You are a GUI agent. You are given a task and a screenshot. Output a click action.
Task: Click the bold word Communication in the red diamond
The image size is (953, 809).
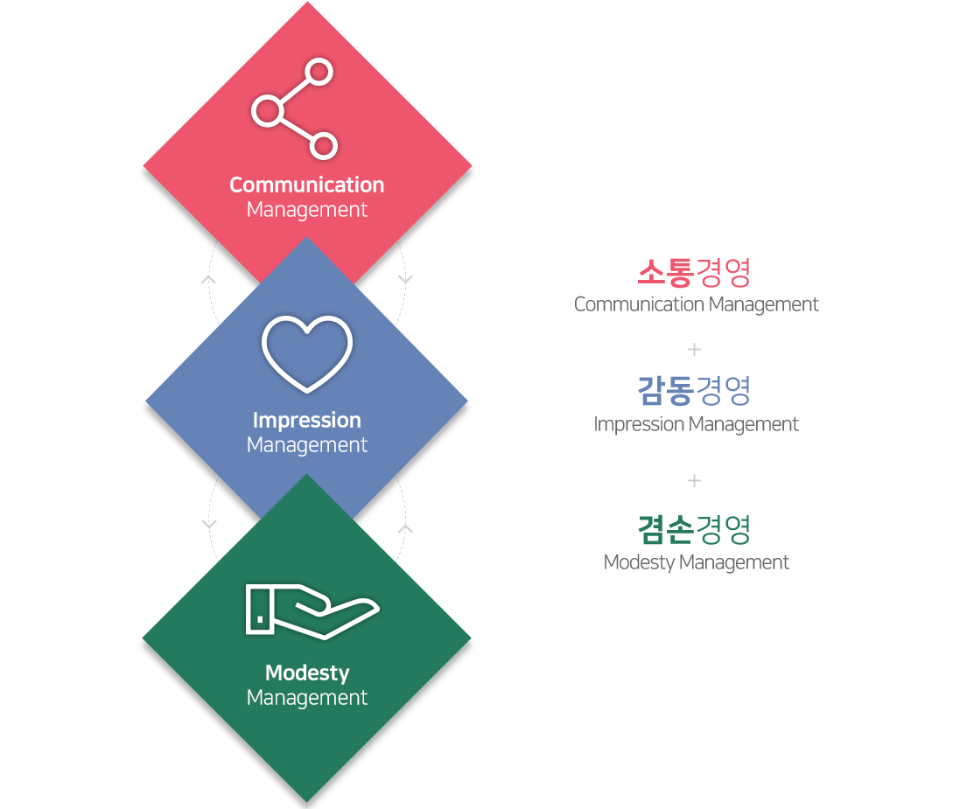click(307, 185)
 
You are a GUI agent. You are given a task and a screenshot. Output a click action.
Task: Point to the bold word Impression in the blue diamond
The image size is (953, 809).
click(307, 421)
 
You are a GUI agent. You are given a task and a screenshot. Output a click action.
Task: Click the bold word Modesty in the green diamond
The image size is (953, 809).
click(307, 673)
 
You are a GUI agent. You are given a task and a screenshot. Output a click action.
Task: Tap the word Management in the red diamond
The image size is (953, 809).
click(307, 210)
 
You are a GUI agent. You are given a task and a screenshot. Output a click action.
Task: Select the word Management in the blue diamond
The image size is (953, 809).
click(307, 445)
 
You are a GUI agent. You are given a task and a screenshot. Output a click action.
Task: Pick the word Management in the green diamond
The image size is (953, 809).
click(307, 698)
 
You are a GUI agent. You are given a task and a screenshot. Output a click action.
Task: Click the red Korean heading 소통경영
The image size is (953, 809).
click(694, 273)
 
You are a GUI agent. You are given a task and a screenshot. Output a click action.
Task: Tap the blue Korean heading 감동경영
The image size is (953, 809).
click(694, 391)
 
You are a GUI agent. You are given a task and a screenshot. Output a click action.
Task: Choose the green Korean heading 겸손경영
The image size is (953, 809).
click(694, 530)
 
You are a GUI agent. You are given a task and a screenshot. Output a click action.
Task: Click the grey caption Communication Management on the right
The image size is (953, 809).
click(697, 304)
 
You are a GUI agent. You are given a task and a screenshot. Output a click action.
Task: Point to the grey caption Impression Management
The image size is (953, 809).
click(696, 424)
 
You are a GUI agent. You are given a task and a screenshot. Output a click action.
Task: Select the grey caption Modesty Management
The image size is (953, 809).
click(697, 562)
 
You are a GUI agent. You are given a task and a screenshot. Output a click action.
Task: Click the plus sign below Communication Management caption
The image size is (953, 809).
click(694, 349)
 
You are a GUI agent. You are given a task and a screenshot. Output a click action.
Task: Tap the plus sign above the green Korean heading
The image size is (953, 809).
click(694, 481)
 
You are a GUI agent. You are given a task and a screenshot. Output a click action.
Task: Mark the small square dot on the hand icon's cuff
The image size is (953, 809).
click(260, 619)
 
